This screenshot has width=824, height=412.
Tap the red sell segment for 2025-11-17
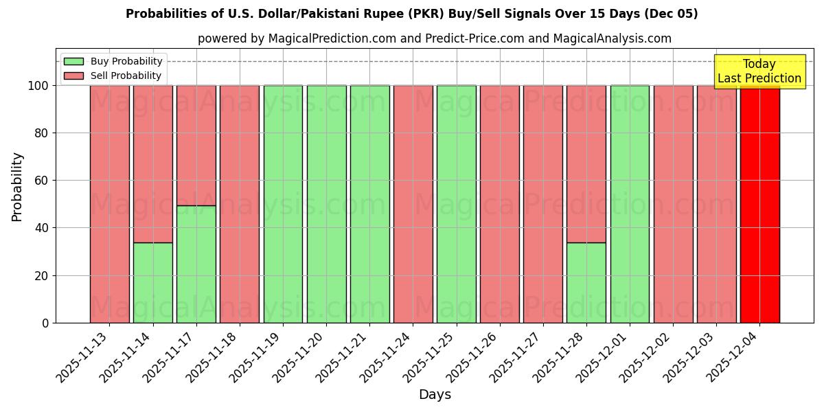tap(196, 145)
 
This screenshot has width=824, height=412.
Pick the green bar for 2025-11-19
tap(283, 204)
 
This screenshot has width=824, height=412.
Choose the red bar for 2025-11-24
tap(413, 204)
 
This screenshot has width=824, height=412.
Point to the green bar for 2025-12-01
tap(630, 204)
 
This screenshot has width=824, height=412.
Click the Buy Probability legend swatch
tap(73, 61)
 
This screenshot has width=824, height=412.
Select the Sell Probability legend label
tap(126, 76)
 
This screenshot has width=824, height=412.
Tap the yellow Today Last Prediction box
tap(759, 71)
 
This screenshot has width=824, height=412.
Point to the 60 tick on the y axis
tap(45, 181)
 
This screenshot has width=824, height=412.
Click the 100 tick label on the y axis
tap(39, 86)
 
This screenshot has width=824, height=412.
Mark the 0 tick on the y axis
tap(45, 323)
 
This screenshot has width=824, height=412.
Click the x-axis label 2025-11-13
tap(83, 357)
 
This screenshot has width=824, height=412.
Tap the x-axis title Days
tap(435, 395)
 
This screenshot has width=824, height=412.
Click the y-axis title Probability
tap(17, 187)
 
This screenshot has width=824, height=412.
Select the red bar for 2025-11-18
tap(239, 204)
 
